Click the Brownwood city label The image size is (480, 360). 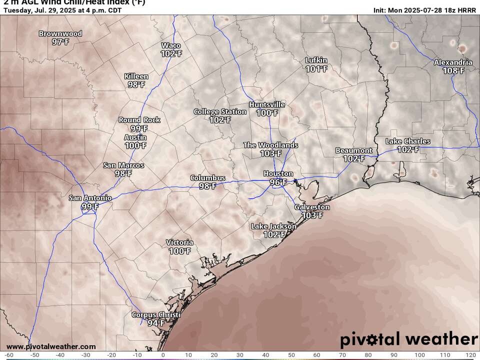click(x=60, y=34)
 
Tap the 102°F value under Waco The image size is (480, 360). click(x=171, y=53)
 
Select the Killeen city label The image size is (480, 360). click(x=136, y=76)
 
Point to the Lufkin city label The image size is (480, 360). click(x=316, y=60)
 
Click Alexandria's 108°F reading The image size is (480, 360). click(x=453, y=70)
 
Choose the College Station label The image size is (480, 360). click(x=220, y=111)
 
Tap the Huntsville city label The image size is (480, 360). click(x=267, y=105)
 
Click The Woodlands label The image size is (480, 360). click(x=270, y=145)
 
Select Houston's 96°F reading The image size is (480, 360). click(x=278, y=182)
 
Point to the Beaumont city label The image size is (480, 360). click(x=353, y=150)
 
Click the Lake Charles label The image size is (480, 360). click(x=408, y=141)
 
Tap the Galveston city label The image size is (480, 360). click(x=312, y=207)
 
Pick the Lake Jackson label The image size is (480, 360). click(x=273, y=226)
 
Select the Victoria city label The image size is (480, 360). click(x=179, y=243)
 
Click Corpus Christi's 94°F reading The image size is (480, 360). click(x=156, y=323)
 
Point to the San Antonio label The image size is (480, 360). click(x=90, y=198)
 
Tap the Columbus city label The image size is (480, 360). click(x=207, y=178)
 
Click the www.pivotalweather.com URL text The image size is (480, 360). click(x=51, y=346)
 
